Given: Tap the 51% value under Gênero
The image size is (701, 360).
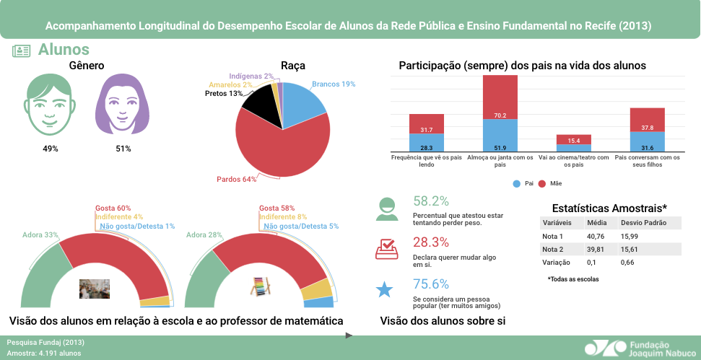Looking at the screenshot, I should click(123, 149).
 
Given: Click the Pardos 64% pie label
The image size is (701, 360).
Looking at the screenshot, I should click(237, 179).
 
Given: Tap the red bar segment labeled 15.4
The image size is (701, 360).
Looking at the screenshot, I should click(573, 140).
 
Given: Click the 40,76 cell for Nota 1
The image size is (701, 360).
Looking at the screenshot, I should click(596, 236).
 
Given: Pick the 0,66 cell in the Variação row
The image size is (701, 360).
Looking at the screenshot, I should click(628, 262).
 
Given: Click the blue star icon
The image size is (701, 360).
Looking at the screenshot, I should click(385, 290).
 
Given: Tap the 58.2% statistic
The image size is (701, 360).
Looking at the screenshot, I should click(431, 201).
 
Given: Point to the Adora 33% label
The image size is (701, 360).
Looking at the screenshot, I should click(40, 235).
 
